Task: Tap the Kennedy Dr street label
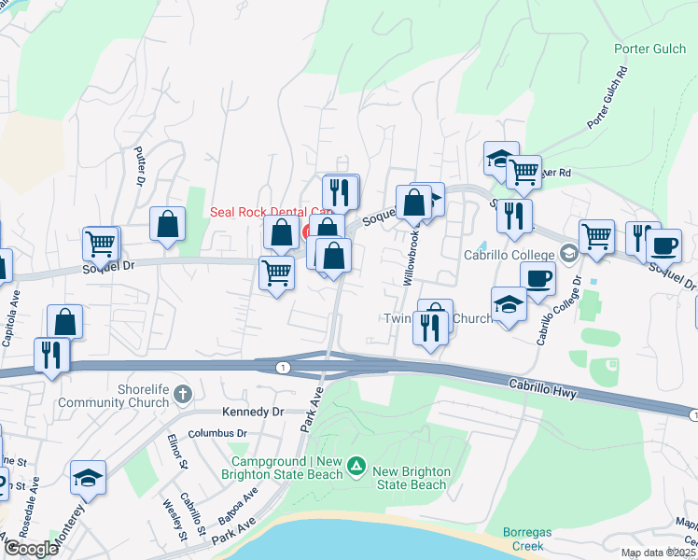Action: tap(251, 412)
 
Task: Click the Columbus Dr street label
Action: tap(217, 434)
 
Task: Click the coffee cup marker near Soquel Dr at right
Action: tap(663, 245)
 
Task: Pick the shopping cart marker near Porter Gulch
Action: tap(524, 171)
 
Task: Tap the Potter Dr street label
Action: tap(140, 165)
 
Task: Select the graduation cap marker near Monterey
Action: tap(88, 478)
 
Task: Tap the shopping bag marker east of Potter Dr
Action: tap(168, 223)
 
